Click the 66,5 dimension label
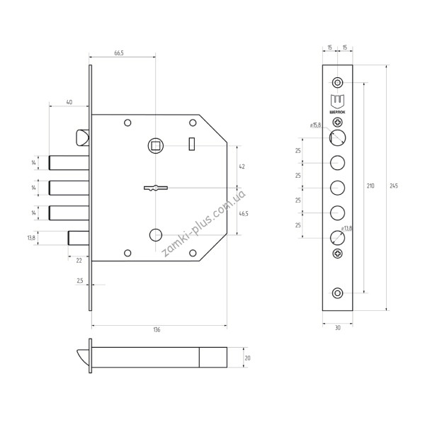pyautogui.click(x=119, y=53)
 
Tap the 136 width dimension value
pyautogui.click(x=157, y=329)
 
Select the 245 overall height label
pyautogui.click(x=394, y=186)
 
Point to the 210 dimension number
pyautogui.click(x=370, y=186)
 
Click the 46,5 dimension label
pyautogui.click(x=244, y=214)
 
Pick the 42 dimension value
pyautogui.click(x=242, y=166)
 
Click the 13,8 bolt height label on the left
pyautogui.click(x=31, y=238)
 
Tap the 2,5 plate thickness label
pyautogui.click(x=79, y=280)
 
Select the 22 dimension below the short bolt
pyautogui.click(x=79, y=261)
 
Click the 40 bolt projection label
pyautogui.click(x=69, y=102)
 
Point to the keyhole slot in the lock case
pyautogui.click(x=156, y=188)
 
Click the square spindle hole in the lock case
pyautogui.click(x=156, y=146)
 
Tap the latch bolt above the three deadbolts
pyautogui.click(x=82, y=137)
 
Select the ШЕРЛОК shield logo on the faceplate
pyautogui.click(x=337, y=104)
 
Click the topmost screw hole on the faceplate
pyautogui.click(x=337, y=82)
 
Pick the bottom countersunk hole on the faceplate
pyautogui.click(x=337, y=293)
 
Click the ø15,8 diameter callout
pyautogui.click(x=315, y=125)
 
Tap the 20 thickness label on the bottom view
pyautogui.click(x=247, y=358)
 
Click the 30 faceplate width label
pyautogui.click(x=337, y=328)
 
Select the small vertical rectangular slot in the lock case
pyautogui.click(x=192, y=144)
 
